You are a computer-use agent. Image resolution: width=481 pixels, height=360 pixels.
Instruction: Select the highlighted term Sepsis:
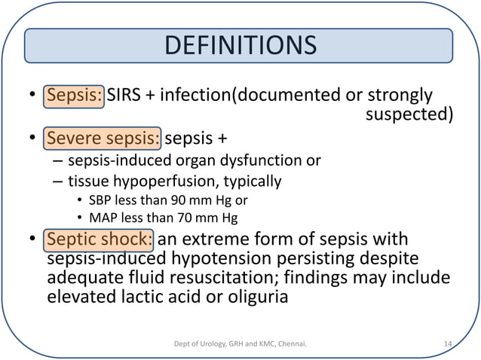74,96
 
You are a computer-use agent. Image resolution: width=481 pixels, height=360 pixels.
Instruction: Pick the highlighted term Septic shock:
100,241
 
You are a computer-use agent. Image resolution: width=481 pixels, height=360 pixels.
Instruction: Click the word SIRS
125,96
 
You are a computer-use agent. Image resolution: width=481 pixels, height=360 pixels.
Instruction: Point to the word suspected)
409,115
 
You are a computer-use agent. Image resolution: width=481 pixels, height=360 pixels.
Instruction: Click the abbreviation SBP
100,201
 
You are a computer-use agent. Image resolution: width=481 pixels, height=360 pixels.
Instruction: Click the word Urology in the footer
209,345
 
